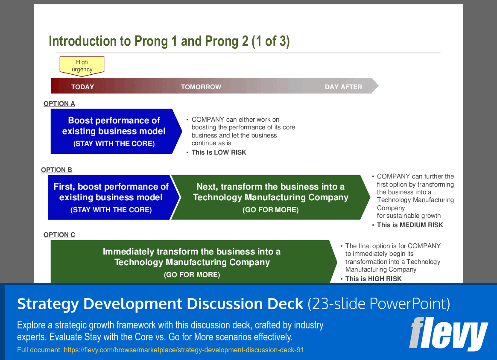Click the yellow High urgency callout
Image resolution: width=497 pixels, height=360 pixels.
[82, 66]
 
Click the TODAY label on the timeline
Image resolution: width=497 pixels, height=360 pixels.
[82, 87]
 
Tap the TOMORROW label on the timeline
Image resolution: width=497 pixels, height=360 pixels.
[201, 87]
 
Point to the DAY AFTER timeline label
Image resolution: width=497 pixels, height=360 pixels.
[343, 87]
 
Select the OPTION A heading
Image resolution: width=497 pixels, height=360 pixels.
[59, 104]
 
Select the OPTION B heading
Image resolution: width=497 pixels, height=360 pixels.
[56, 170]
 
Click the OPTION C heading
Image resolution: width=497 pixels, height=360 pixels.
[59, 235]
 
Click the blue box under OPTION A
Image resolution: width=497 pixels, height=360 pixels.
[114, 131]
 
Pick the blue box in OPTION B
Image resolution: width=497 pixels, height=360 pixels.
[110, 197]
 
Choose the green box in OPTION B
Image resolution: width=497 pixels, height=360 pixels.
[270, 197]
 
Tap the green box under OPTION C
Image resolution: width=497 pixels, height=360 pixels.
[192, 262]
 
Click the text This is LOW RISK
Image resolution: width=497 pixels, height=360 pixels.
[219, 152]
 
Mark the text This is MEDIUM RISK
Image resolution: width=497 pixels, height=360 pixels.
[409, 225]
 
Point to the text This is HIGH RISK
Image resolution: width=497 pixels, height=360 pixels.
[373, 279]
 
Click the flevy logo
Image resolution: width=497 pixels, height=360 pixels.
[448, 334]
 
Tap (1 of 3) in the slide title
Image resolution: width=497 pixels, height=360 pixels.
[270, 41]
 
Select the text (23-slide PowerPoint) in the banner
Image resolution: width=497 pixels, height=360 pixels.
[379, 304]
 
